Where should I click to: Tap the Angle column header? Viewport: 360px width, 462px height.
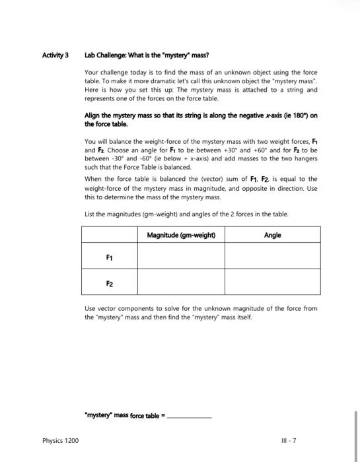[272, 235]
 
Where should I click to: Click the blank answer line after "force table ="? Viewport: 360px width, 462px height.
[192, 416]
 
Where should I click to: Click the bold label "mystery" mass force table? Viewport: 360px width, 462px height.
[123, 415]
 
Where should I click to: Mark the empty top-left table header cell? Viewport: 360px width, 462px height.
[110, 235]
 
